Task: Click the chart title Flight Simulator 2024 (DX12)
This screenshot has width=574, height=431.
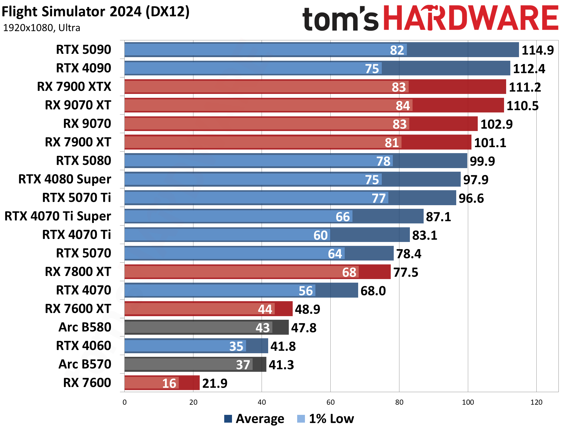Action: [x=96, y=12]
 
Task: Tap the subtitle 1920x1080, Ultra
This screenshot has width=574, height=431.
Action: [x=42, y=28]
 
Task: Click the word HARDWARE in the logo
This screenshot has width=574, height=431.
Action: [x=471, y=19]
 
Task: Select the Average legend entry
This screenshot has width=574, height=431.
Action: [x=254, y=418]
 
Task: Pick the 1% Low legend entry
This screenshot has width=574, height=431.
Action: [x=326, y=418]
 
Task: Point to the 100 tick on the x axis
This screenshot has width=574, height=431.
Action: [x=468, y=402]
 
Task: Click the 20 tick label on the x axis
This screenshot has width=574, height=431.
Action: [x=193, y=402]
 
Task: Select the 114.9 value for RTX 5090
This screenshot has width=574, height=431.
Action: [x=538, y=50]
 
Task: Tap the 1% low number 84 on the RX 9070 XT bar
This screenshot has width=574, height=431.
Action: [x=403, y=106]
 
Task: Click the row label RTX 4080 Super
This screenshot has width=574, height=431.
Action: [x=65, y=179]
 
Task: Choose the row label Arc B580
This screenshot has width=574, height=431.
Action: [x=85, y=327]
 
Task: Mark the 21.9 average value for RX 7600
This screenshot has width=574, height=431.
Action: [x=215, y=383]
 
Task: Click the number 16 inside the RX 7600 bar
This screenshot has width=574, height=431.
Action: [x=169, y=383]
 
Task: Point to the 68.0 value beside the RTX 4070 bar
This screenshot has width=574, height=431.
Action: [x=373, y=291]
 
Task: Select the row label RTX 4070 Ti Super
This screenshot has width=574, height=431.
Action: [x=58, y=216]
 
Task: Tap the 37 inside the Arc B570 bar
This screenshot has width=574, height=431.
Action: [x=243, y=365]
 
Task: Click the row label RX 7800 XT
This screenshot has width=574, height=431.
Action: [x=78, y=272]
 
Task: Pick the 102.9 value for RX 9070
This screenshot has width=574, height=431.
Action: [x=496, y=124]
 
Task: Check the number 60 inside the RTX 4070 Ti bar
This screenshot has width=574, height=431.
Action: [x=320, y=235]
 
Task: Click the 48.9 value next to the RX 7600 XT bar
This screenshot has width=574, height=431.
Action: [x=307, y=309]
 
